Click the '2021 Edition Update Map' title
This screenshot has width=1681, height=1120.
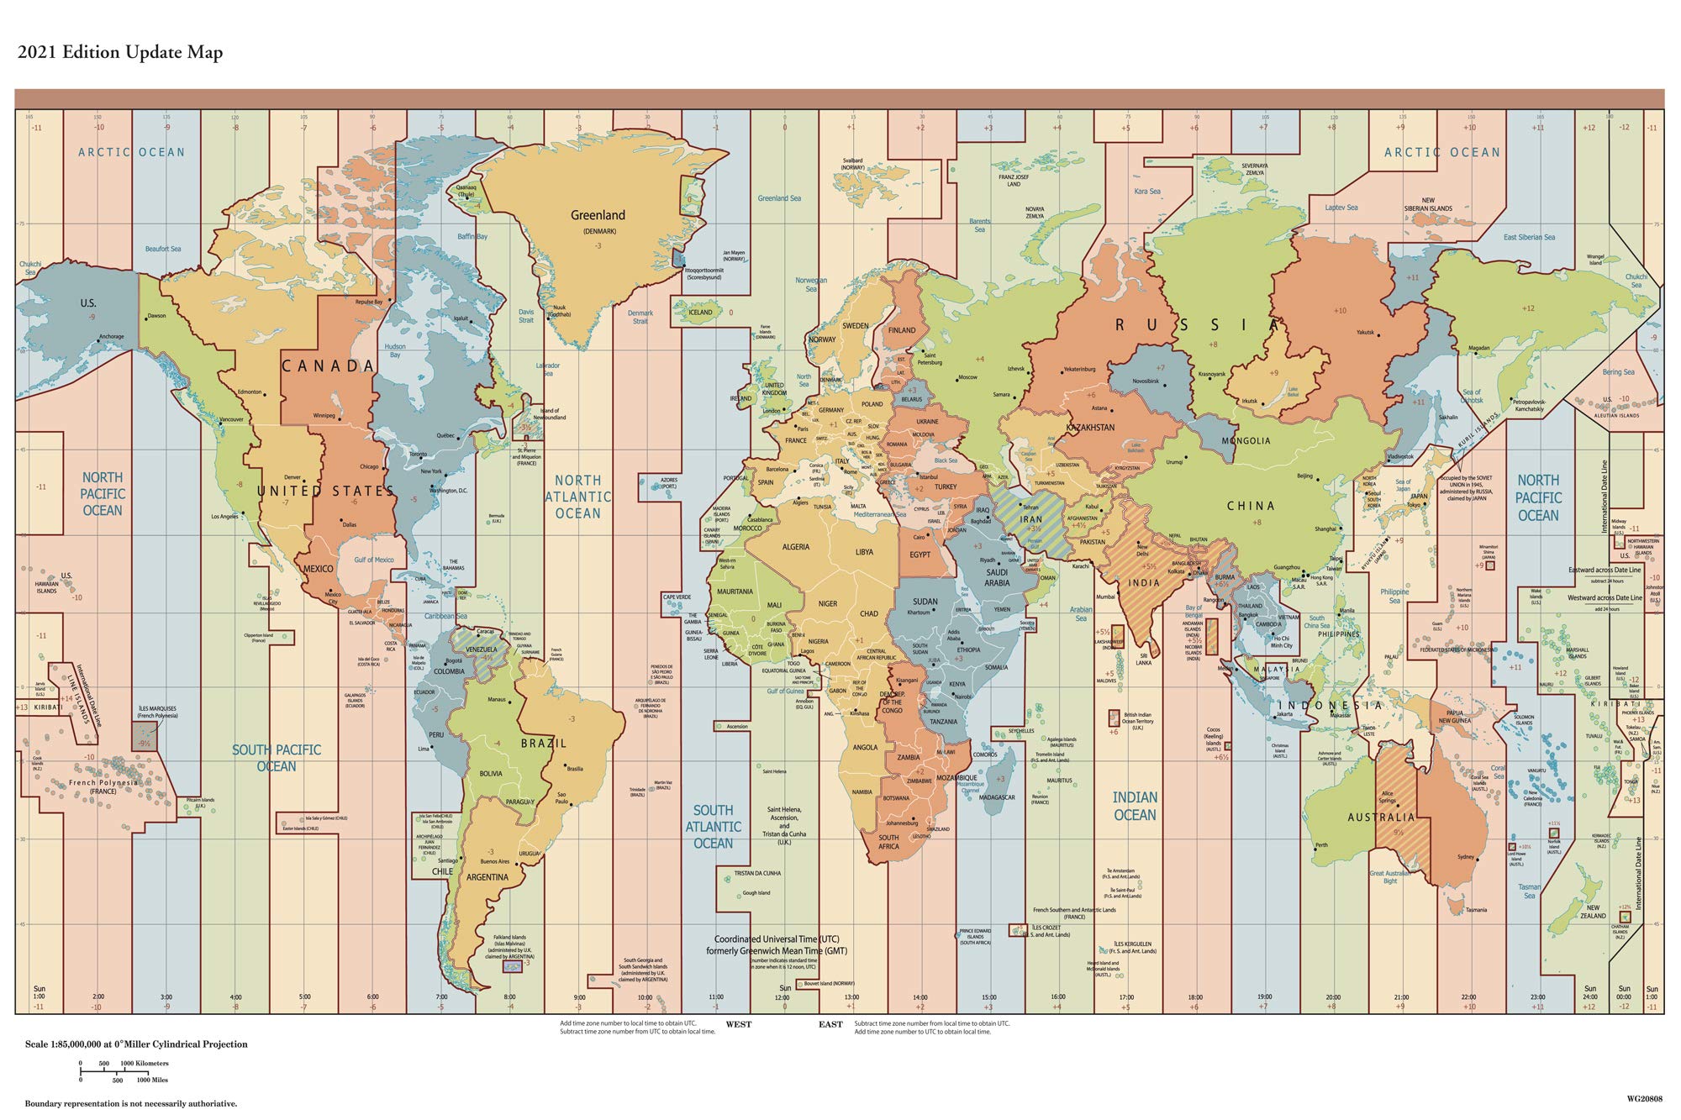coord(120,53)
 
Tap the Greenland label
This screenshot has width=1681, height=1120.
coord(598,215)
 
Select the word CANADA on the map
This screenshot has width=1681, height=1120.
coord(328,365)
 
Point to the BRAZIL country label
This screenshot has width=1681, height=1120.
coord(544,744)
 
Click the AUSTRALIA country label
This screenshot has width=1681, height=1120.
coord(1381,817)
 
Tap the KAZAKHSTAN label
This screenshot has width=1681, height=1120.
coord(1090,428)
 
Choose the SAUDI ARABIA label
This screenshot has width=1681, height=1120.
coord(997,577)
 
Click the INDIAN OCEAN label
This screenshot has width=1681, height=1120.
coord(1135,806)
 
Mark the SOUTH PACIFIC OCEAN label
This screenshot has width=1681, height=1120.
coord(277,758)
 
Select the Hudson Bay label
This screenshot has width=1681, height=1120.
coord(395,350)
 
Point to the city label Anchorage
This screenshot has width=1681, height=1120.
coord(111,337)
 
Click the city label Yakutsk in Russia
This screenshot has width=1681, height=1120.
coord(1365,333)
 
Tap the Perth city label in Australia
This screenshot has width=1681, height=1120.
coord(1321,845)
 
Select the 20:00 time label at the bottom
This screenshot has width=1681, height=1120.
coord(1333,997)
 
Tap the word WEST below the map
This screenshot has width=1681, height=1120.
coord(739,1024)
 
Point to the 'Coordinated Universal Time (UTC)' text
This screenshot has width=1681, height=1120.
coord(777,939)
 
